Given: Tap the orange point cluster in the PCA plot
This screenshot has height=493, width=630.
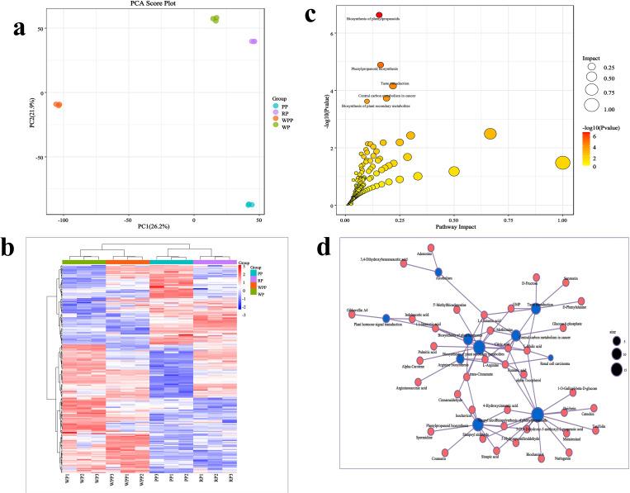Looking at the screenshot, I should tap(58, 105).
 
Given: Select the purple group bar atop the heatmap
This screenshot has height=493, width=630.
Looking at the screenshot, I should tap(215, 263).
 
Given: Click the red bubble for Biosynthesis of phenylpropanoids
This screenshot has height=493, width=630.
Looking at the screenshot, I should tap(379, 15).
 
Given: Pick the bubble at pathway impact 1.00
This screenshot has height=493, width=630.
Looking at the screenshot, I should tap(562, 163).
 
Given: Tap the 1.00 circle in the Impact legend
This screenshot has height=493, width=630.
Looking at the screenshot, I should tap(591, 105).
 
